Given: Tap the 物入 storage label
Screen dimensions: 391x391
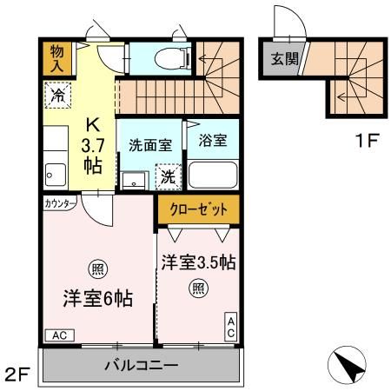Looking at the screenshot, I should pyautogui.click(x=56, y=58).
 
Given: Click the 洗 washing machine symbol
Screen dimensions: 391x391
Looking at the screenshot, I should pyautogui.click(x=168, y=176).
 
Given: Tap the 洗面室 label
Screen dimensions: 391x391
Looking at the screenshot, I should pyautogui.click(x=149, y=144).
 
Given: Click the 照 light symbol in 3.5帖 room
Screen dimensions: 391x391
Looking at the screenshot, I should pyautogui.click(x=199, y=288).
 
